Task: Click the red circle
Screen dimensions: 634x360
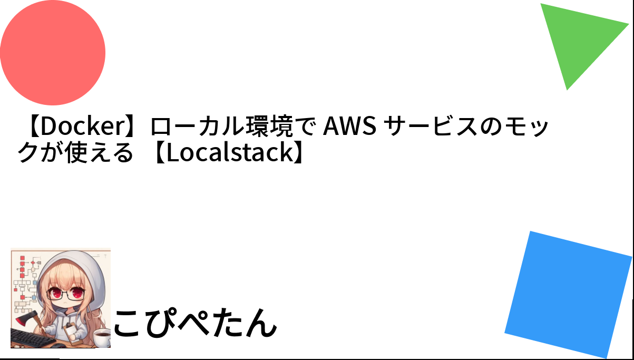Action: [x=52, y=53]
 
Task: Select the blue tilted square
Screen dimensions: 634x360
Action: [x=568, y=295]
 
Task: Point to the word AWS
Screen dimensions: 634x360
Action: [x=350, y=126]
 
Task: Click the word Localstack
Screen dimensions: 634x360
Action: [x=230, y=153]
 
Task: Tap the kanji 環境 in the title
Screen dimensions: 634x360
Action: [x=269, y=126]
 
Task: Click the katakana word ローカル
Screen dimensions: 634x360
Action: [x=197, y=126]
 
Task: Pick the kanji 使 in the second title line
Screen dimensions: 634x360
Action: [x=76, y=153]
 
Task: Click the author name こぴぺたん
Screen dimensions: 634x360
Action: [x=195, y=323]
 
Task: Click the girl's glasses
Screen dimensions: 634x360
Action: [x=65, y=294]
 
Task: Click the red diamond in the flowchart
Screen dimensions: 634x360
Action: [x=33, y=263]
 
